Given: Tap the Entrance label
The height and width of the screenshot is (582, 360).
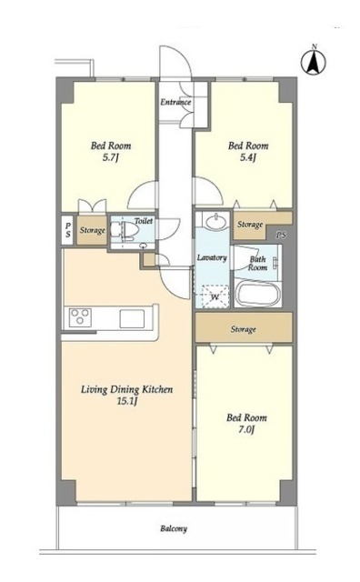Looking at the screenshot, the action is coord(176,102).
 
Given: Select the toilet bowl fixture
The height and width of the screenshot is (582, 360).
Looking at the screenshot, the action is coord(125,230).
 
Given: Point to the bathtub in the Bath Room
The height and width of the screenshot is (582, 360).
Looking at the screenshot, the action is coord(258,294).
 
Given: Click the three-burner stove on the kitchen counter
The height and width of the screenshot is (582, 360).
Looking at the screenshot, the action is coord(80,317).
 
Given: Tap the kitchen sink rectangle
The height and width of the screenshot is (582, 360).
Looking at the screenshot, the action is coord(132,318).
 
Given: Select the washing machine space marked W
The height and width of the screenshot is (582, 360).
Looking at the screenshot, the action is coord(215,296).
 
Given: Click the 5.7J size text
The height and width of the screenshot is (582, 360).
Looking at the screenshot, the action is coord(110,158).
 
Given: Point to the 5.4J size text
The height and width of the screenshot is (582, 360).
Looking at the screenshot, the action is coord(248,157).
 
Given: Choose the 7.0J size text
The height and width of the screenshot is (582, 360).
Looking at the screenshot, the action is coord(246,430).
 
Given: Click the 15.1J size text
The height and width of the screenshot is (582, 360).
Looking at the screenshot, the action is coord(127,401).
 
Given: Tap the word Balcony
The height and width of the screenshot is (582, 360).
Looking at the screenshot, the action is coord(174,528).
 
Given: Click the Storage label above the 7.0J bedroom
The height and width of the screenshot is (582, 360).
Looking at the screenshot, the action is coord(243,329).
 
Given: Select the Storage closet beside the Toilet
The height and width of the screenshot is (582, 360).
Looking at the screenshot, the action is coord(92,230).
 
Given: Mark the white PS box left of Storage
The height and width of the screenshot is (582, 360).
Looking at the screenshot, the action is coord(67,230).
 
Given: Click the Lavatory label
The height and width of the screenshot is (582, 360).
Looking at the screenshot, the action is coord(212,257).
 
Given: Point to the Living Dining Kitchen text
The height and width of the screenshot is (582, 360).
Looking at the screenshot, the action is coord(127,389).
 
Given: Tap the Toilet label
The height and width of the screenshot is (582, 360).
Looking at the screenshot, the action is coord(144,221).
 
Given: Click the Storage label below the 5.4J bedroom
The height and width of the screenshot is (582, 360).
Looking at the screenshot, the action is coord(250,225).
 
